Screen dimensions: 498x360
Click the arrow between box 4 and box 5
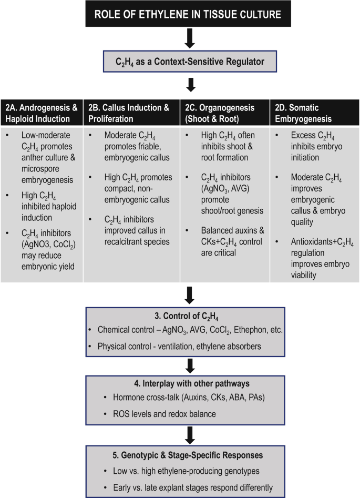pos(190,434)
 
